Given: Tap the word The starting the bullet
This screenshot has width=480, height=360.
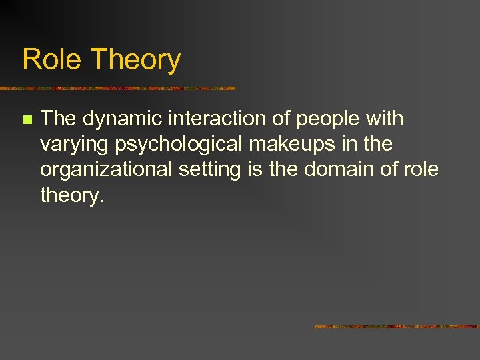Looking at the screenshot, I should pyautogui.click(x=58, y=119).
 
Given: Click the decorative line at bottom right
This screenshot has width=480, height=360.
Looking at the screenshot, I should pyautogui.click(x=396, y=327).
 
